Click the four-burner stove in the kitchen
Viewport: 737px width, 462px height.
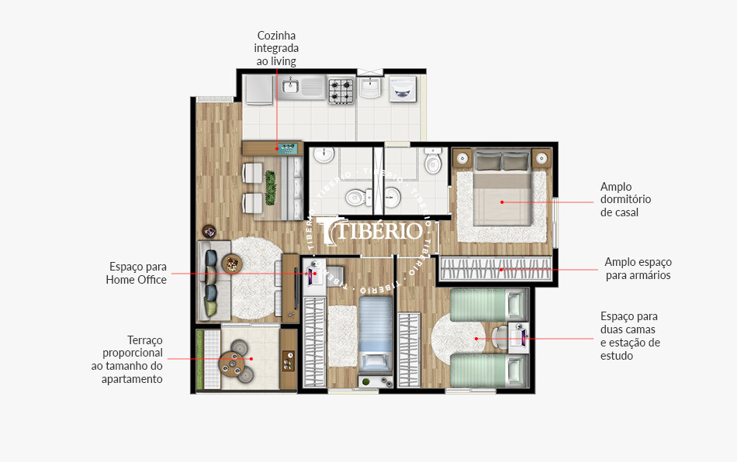point(341,91)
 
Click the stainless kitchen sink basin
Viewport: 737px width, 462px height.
point(291,87)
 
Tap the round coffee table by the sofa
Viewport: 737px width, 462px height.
point(232,263)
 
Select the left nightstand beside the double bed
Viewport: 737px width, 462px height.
point(462,159)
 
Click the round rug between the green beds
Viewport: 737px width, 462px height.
point(458,339)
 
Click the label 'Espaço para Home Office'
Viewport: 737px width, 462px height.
point(136,273)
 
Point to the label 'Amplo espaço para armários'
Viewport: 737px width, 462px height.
point(638,268)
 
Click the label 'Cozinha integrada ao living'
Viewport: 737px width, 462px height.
point(276,48)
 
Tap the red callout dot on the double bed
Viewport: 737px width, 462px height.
point(503,202)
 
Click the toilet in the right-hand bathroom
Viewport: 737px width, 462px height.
point(433,164)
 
